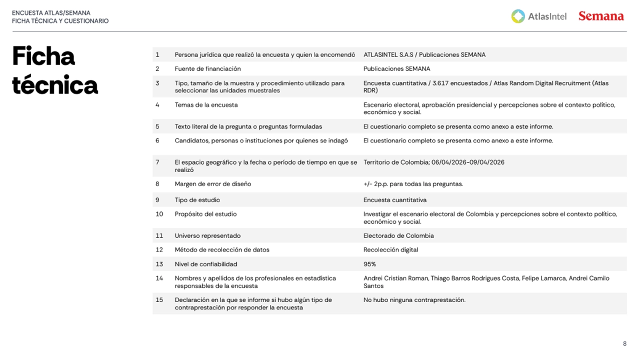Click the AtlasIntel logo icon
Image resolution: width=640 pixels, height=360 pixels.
click(518, 16)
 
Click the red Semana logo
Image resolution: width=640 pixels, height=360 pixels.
click(600, 16)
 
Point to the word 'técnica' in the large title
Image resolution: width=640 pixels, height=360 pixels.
click(55, 85)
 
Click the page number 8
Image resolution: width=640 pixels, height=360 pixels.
click(624, 343)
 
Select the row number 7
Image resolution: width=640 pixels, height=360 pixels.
click(157, 162)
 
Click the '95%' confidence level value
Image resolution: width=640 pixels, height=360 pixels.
click(369, 264)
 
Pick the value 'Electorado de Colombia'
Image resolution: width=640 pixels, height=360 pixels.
click(398, 235)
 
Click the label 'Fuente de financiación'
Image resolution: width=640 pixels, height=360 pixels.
click(207, 68)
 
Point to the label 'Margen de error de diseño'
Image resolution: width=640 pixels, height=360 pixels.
click(212, 184)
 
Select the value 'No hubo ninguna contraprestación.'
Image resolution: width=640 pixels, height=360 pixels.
click(414, 300)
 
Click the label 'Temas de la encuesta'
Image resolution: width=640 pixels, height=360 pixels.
click(206, 105)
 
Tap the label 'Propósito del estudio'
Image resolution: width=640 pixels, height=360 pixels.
click(205, 214)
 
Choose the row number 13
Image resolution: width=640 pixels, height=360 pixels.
click(159, 264)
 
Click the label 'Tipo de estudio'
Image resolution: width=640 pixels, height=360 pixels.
click(197, 200)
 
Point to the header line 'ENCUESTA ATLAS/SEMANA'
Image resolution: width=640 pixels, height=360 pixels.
click(51, 13)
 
